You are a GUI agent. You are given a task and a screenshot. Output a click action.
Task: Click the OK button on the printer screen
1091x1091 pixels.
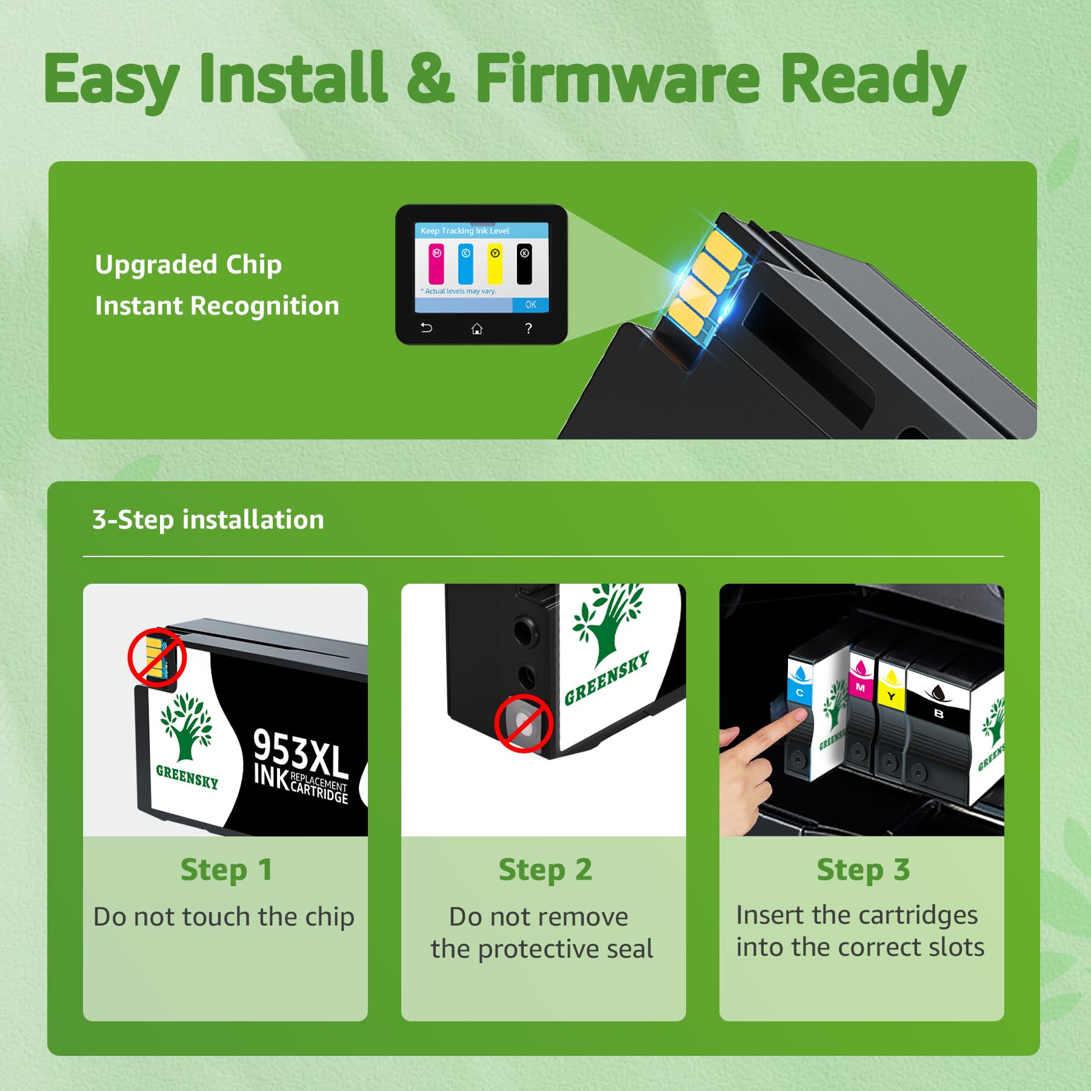coord(530,305)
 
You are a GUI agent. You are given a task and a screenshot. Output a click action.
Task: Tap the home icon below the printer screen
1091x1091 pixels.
coord(477,329)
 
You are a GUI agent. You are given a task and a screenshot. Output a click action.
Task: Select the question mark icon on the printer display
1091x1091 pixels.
coord(529,329)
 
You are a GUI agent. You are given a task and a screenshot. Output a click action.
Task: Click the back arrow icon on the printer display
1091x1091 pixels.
coord(427,328)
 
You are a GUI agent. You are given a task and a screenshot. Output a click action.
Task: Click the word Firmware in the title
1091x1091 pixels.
coord(617,78)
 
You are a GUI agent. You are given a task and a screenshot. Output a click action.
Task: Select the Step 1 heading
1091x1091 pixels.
coord(225,870)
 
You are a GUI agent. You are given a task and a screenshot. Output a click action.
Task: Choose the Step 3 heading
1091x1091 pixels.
coord(862,870)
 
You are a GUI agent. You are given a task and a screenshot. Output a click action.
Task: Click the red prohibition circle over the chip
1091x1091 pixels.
coord(156,658)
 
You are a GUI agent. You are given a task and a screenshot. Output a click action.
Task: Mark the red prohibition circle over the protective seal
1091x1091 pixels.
coord(523,724)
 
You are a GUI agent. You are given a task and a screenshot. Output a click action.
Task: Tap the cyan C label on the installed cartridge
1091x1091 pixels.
coord(799,692)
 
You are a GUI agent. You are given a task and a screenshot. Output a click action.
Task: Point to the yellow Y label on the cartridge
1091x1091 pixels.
coord(891,696)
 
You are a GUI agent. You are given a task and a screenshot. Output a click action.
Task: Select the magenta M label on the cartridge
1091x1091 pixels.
coord(860,687)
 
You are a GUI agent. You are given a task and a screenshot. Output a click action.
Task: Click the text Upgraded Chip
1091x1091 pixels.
coord(188,265)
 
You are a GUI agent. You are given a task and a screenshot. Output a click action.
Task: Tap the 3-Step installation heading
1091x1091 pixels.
coord(208,519)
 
